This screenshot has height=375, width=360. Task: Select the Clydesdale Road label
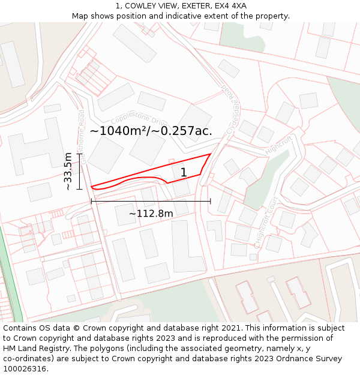click(x=229, y=112)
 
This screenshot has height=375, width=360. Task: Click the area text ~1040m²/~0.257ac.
click(x=151, y=130)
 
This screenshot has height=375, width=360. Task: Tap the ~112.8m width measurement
click(x=151, y=213)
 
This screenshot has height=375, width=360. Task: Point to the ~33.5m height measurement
click(x=68, y=171)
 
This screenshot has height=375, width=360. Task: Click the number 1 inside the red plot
click(x=184, y=173)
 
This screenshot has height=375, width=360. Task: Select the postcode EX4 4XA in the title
click(x=232, y=6)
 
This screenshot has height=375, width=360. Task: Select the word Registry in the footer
click(x=77, y=349)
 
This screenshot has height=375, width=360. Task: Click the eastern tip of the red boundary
click(x=210, y=154)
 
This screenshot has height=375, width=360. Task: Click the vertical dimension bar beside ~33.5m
click(x=79, y=171)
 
